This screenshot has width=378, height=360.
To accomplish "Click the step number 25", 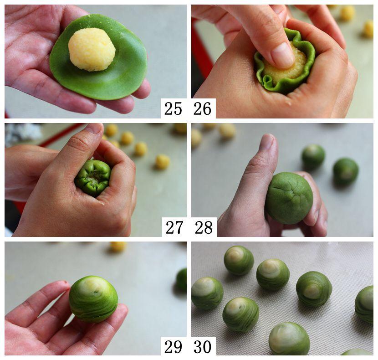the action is click(173, 108).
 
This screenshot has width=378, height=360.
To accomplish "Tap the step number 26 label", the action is click(203, 108).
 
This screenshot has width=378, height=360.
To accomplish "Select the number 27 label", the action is click(174, 227).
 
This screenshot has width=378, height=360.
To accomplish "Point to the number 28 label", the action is click(204, 227).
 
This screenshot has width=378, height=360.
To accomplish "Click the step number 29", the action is click(173, 347).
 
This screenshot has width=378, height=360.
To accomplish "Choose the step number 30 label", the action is click(203, 347).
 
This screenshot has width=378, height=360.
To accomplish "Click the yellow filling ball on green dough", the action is click(92, 50).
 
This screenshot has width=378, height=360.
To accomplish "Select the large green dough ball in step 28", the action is click(289, 198).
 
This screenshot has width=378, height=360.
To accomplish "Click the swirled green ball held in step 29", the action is click(93, 299).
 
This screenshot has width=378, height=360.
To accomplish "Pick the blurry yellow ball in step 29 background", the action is click(118, 247).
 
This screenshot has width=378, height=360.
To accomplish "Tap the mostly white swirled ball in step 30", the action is click(289, 338).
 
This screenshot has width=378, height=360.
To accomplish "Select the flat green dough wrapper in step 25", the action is click(98, 57).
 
